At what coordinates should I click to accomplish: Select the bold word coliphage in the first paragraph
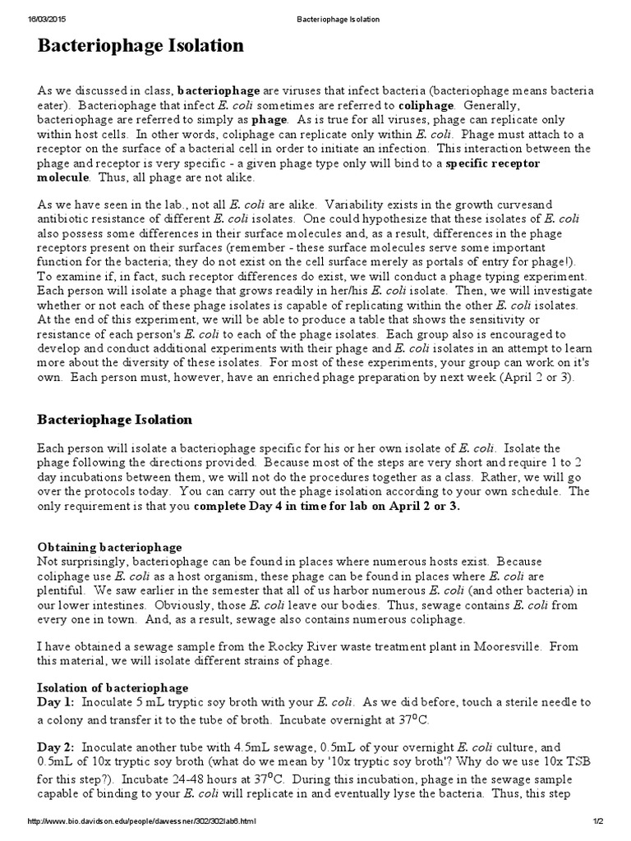[x=426, y=105]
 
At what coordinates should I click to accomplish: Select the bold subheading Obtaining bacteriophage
[x=110, y=547]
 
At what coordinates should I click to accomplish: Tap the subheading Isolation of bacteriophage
[x=113, y=687]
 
